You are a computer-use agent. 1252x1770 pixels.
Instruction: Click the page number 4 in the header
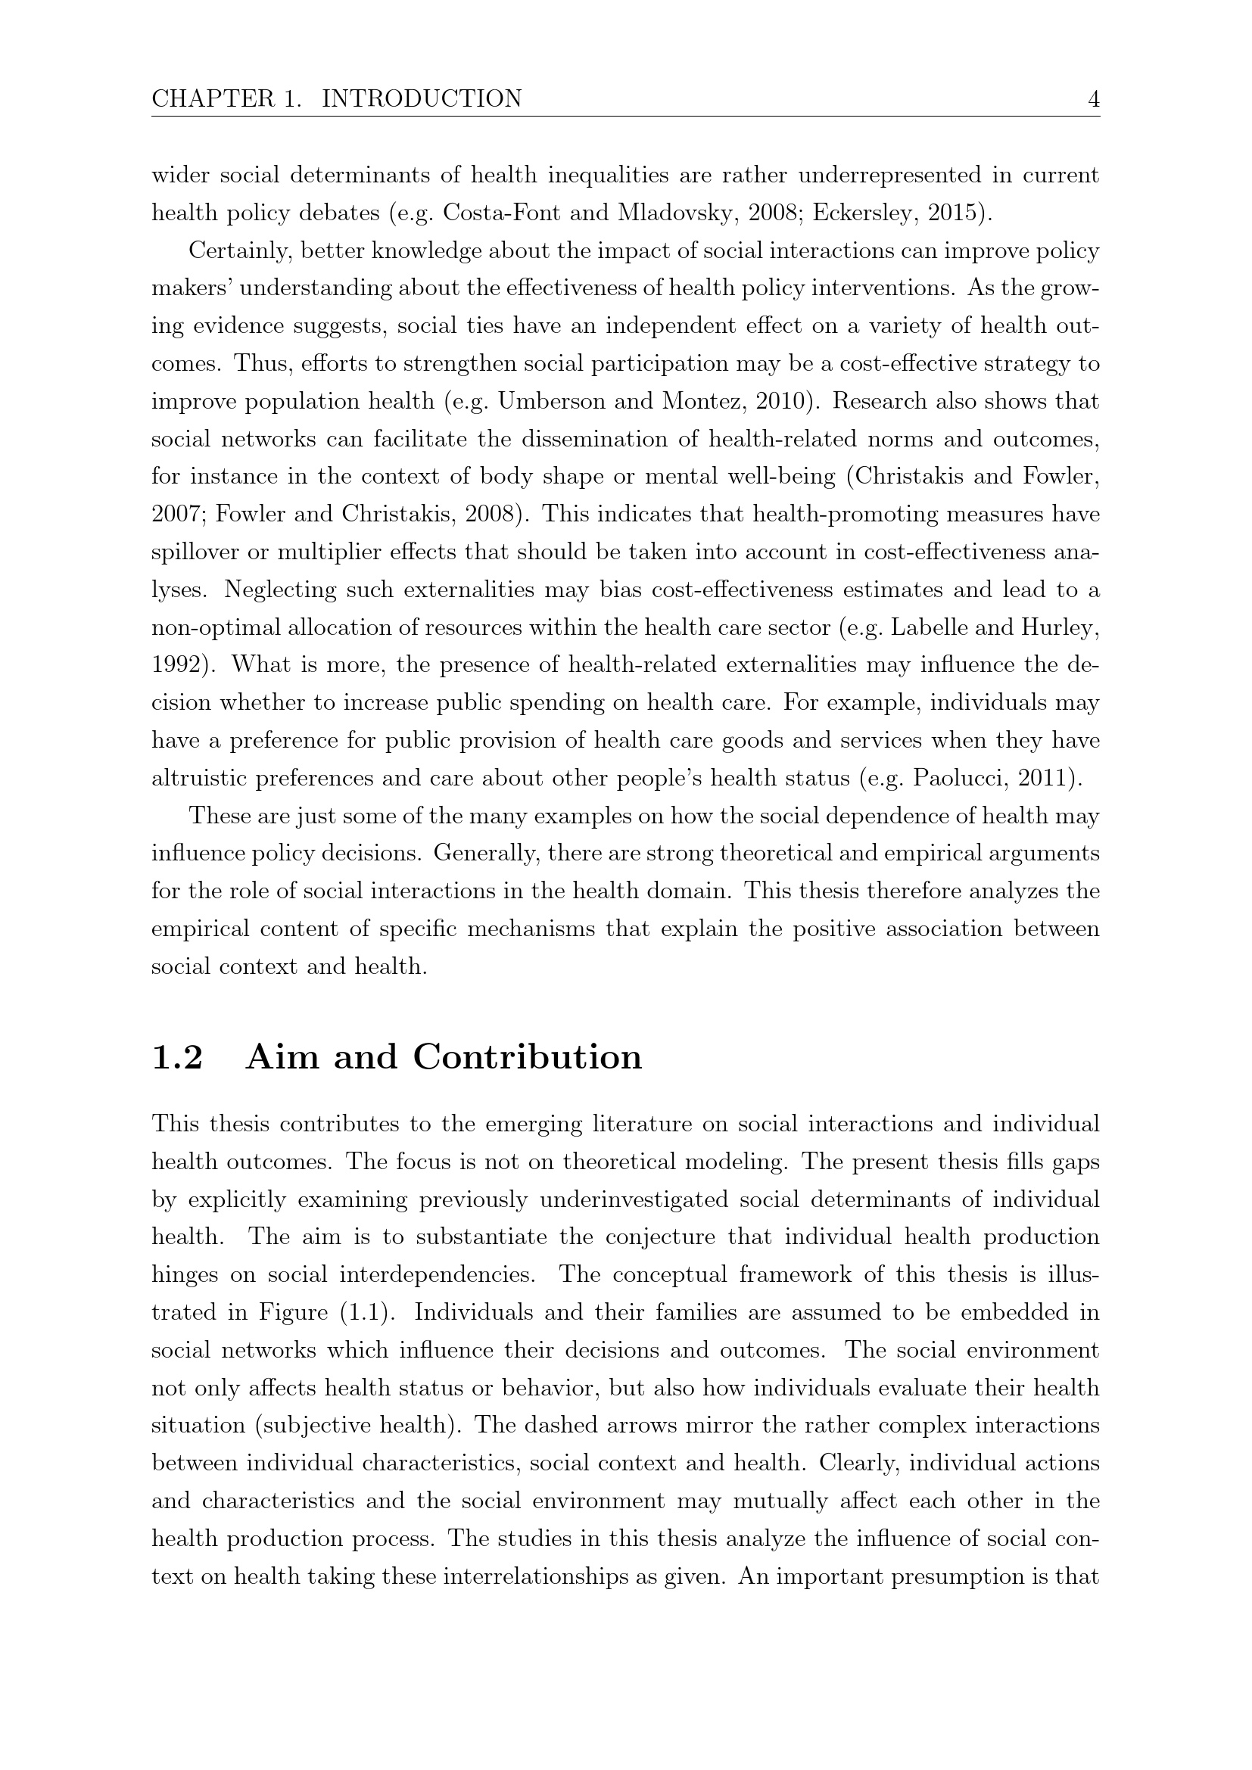point(1092,99)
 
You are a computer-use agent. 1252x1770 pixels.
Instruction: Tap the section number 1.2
point(177,1057)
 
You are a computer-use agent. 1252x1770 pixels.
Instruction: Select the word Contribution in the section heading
point(528,1057)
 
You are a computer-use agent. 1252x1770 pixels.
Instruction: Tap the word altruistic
point(199,778)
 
